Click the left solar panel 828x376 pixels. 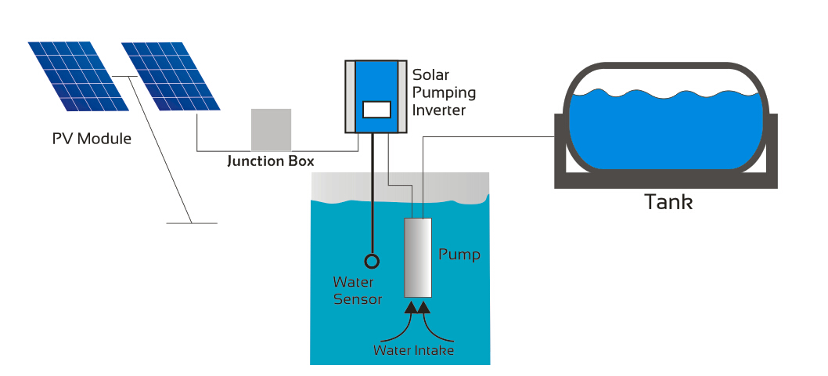tap(78, 76)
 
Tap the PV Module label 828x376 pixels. tap(92, 139)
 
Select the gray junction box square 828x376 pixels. tap(271, 129)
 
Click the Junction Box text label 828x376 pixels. tap(270, 162)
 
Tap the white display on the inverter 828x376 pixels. tap(377, 110)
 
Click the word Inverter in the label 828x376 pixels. tap(438, 110)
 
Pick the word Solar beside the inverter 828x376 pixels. tap(431, 76)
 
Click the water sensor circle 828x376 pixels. tap(372, 261)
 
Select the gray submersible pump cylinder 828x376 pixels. tap(418, 257)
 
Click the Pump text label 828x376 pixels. tap(459, 255)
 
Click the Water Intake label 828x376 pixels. tap(413, 350)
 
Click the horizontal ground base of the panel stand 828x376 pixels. tap(192, 222)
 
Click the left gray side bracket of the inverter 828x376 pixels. tap(350, 96)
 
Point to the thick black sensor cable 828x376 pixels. tap(372, 196)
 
